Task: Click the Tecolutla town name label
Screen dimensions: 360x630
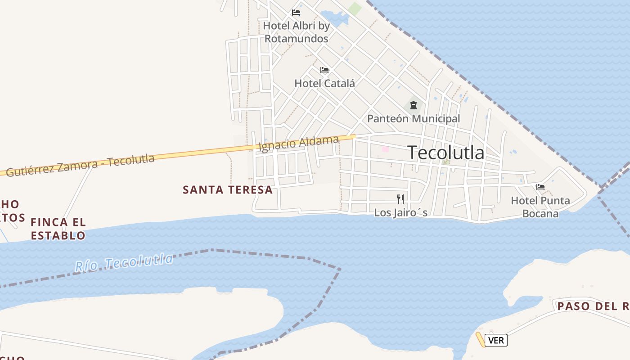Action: point(445,153)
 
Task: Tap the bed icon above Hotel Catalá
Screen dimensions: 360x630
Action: point(324,70)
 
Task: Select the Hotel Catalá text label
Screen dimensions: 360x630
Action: point(324,83)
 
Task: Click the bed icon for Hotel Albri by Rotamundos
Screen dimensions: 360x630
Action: point(296,13)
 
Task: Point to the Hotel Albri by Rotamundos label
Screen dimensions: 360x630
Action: point(297,32)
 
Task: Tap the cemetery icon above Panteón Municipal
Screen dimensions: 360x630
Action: point(413,106)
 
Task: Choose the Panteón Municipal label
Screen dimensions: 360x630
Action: point(414,119)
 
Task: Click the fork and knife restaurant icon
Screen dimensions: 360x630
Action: point(400,199)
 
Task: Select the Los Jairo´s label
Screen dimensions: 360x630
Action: point(400,212)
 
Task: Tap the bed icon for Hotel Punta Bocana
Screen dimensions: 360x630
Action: point(540,187)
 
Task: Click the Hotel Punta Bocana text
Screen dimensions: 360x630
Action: point(540,207)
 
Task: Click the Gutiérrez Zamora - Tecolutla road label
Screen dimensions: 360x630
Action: point(80,165)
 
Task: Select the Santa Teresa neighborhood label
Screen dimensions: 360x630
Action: point(228,190)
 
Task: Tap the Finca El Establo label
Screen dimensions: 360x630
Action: point(58,229)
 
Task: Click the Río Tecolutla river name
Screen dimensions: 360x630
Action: point(124,262)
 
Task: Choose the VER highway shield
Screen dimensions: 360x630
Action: point(496,340)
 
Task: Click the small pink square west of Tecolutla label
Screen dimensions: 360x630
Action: point(385,148)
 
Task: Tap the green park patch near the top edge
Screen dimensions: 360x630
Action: point(355,8)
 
